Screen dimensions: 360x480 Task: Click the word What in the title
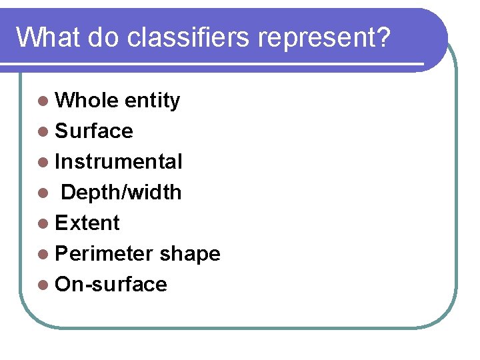tap(45, 38)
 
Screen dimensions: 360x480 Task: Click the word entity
tap(152, 101)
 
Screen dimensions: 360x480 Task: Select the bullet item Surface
tap(94, 131)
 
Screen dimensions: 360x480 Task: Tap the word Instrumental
tap(119, 162)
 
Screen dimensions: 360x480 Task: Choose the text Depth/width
tap(121, 193)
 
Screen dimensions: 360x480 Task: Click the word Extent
tap(87, 223)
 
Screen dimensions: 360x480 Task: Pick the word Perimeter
tap(105, 254)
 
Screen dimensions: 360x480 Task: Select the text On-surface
tap(111, 285)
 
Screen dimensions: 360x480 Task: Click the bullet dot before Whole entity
tap(43, 101)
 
